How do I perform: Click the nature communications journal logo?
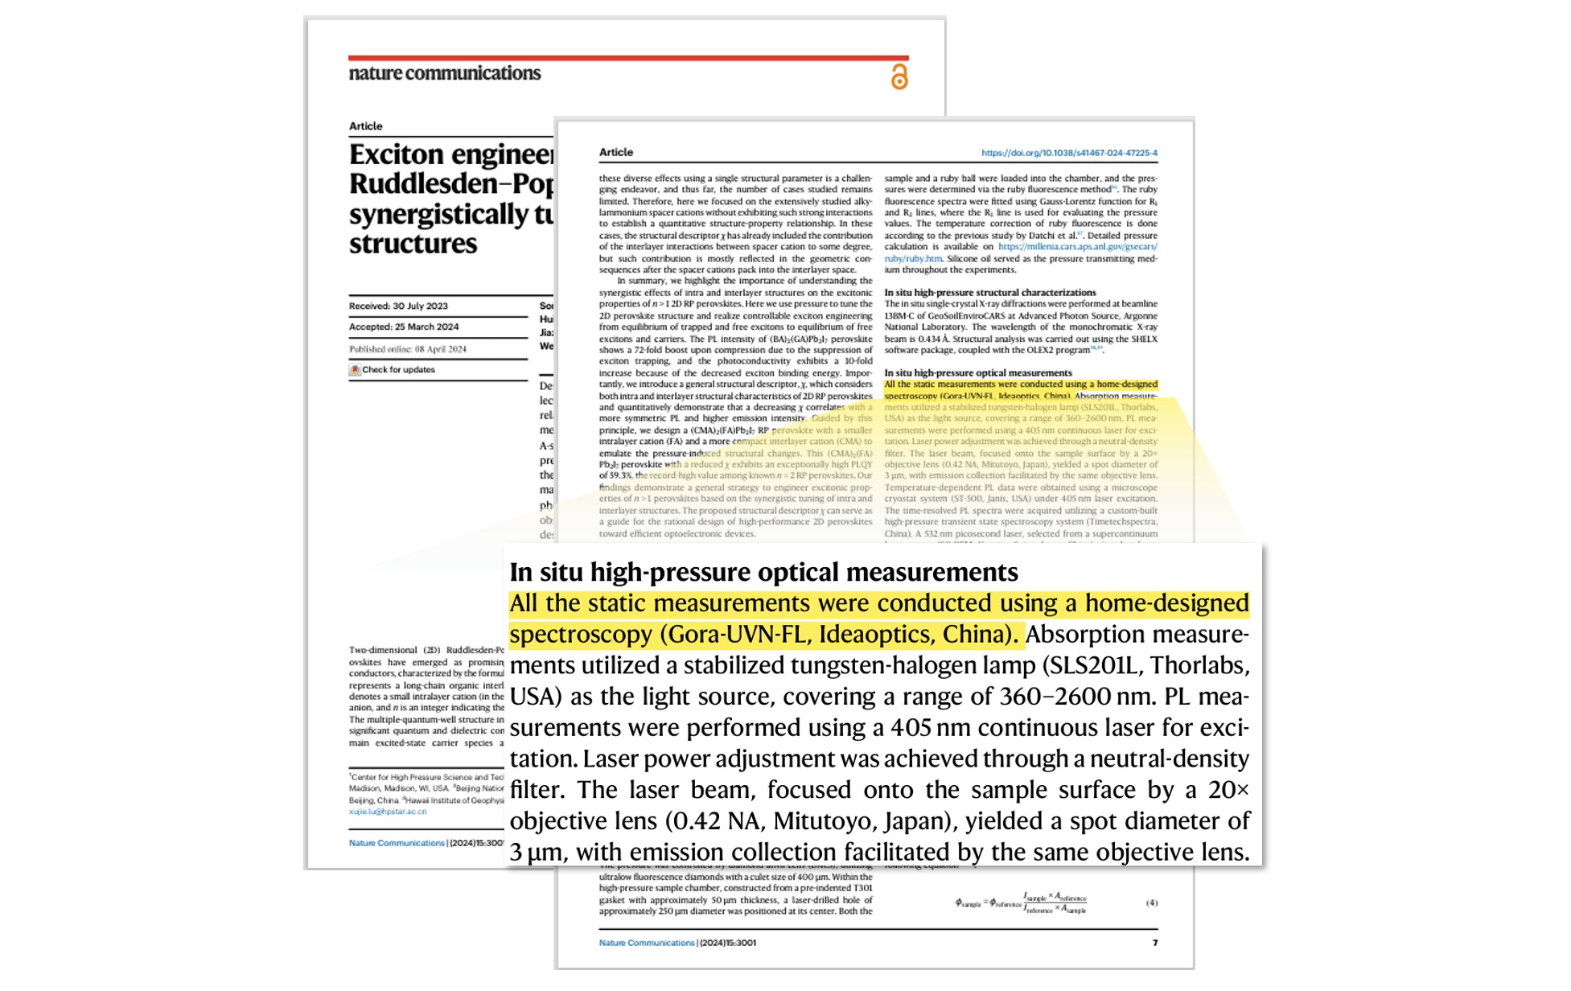[x=444, y=73]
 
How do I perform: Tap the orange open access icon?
[x=899, y=77]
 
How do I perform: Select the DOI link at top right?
[x=1068, y=153]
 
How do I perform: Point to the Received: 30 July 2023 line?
[x=398, y=306]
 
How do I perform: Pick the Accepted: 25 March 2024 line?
[x=404, y=327]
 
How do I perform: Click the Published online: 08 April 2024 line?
[x=407, y=349]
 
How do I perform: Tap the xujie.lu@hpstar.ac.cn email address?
[x=388, y=812]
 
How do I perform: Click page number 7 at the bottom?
[x=1154, y=943]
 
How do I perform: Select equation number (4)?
[x=1151, y=903]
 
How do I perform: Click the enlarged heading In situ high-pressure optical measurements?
[x=763, y=572]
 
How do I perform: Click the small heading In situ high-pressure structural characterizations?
[x=989, y=293]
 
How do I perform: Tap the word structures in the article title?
[x=413, y=244]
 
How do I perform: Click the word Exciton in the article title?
[x=397, y=154]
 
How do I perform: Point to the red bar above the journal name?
[x=628, y=58]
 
